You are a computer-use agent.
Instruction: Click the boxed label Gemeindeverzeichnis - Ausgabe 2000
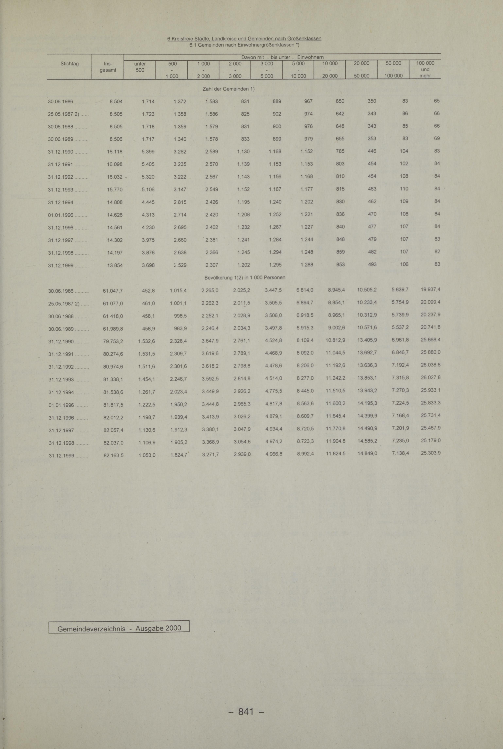119,628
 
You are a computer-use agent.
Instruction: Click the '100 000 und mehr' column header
425,69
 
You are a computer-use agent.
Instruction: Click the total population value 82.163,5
113,455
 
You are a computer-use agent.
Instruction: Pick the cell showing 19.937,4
430,290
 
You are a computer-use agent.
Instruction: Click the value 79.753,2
113,341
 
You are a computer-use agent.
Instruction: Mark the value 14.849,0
367,453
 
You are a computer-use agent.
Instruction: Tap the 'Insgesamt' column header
108,67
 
